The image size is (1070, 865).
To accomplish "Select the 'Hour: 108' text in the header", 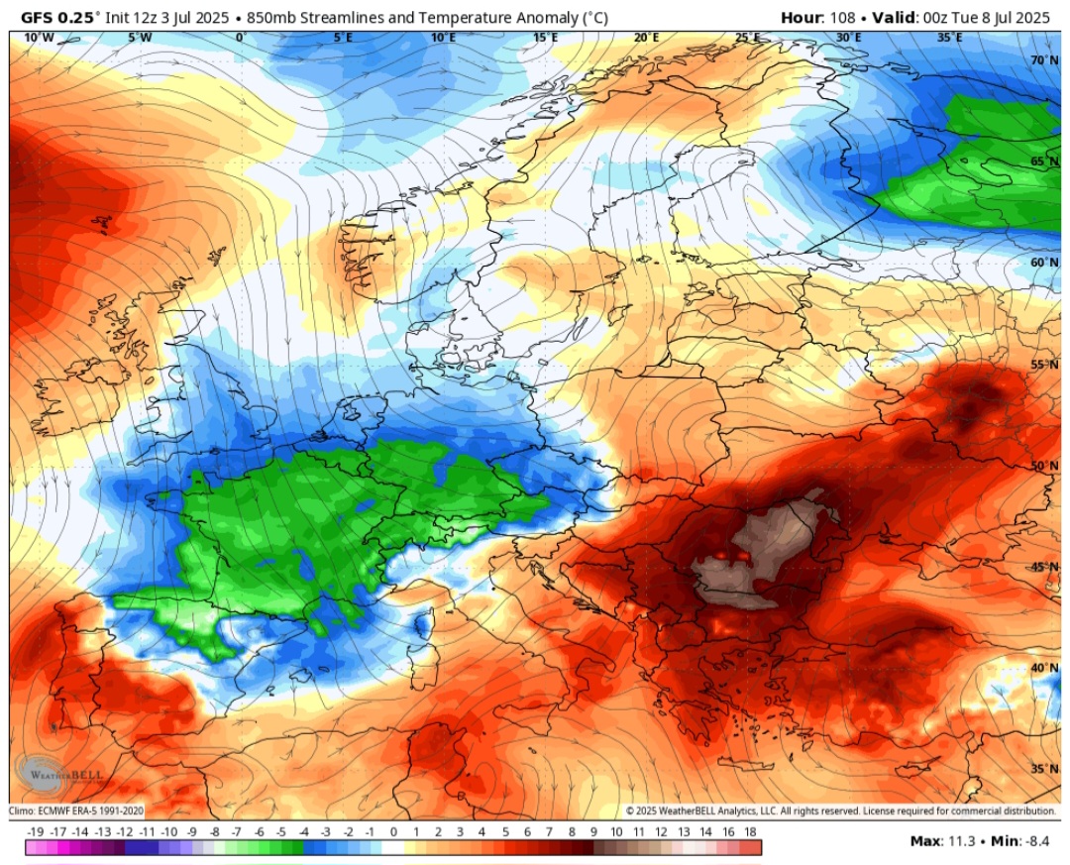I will tap(815, 17).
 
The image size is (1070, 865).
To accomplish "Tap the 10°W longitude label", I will tap(39, 38).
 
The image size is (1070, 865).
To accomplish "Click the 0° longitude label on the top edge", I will tap(241, 38).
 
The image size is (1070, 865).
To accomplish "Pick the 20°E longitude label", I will tap(646, 38).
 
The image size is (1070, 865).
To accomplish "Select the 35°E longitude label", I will tap(949, 38).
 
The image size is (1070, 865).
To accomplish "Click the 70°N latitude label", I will tap(1043, 60).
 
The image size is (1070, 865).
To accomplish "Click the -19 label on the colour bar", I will tap(36, 831).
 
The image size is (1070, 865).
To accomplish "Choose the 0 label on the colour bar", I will tap(393, 831).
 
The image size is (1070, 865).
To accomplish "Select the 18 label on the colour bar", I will tap(751, 831).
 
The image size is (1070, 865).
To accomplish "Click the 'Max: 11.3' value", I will tap(942, 841).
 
